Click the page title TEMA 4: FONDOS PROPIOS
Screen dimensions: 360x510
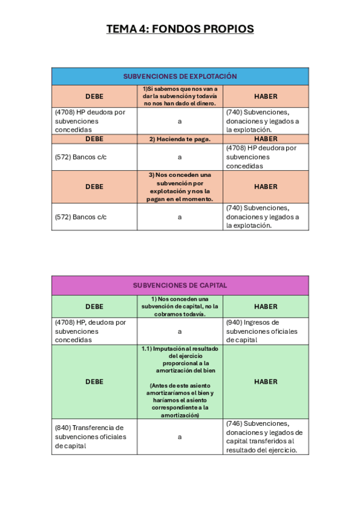[x=180, y=29]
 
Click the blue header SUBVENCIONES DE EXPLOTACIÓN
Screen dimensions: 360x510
[x=180, y=76]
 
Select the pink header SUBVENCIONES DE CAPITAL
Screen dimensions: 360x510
[x=180, y=285]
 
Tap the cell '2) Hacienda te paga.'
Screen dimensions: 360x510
[x=180, y=139]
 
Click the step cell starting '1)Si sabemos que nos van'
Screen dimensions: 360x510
[x=180, y=96]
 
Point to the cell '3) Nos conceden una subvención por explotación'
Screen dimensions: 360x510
[x=180, y=186]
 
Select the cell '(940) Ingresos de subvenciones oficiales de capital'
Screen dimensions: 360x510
[x=266, y=331]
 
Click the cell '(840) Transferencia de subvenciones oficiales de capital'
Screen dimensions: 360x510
[x=94, y=437]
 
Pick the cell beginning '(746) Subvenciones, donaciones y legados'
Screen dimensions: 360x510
[x=266, y=437]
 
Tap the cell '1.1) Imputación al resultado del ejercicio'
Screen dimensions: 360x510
[x=180, y=360]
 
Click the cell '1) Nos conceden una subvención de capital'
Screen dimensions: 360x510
[x=180, y=306]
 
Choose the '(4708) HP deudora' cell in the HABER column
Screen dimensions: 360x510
[x=266, y=156]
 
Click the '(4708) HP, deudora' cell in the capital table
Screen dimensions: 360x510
[x=94, y=331]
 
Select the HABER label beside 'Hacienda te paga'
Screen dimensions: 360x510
[x=266, y=139]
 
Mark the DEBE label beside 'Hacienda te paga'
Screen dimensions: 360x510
[x=94, y=139]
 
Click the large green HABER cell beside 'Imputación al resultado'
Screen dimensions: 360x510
[x=266, y=381]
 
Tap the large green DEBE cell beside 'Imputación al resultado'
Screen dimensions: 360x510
[x=94, y=381]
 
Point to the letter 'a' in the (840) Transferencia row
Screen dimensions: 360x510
[x=180, y=437]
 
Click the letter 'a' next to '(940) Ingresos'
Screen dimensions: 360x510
[x=180, y=331]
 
